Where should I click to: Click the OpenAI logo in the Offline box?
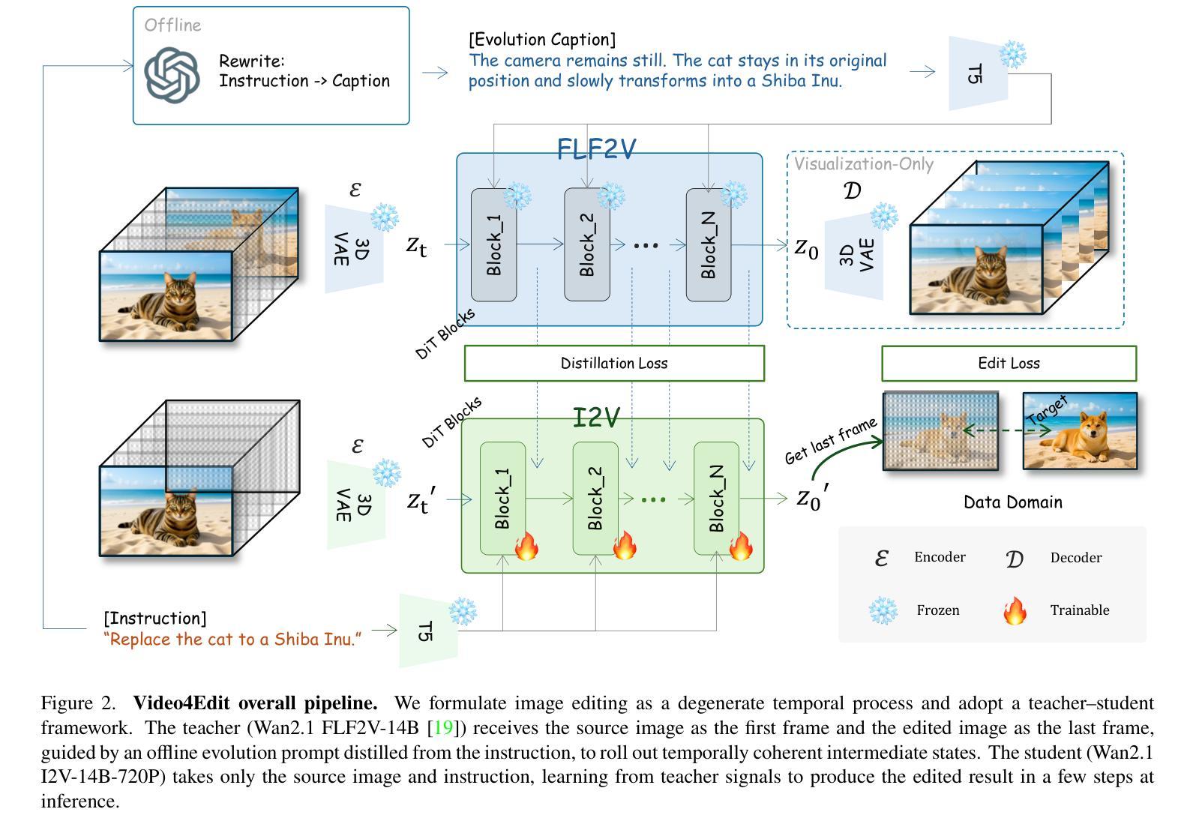(172, 75)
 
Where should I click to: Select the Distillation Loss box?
(614, 364)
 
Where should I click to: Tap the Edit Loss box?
(1009, 364)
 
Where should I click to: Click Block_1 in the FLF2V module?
(493, 245)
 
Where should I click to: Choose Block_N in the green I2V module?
(716, 499)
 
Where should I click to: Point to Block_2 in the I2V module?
(595, 499)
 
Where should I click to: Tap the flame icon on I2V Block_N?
(741, 546)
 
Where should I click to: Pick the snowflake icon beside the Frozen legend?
(883, 610)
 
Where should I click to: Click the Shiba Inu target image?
(1080, 431)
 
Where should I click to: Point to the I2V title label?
(596, 418)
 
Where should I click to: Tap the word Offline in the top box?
(172, 25)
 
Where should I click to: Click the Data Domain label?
(1012, 502)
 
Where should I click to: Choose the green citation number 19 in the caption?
(444, 728)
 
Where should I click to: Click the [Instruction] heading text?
(154, 619)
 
